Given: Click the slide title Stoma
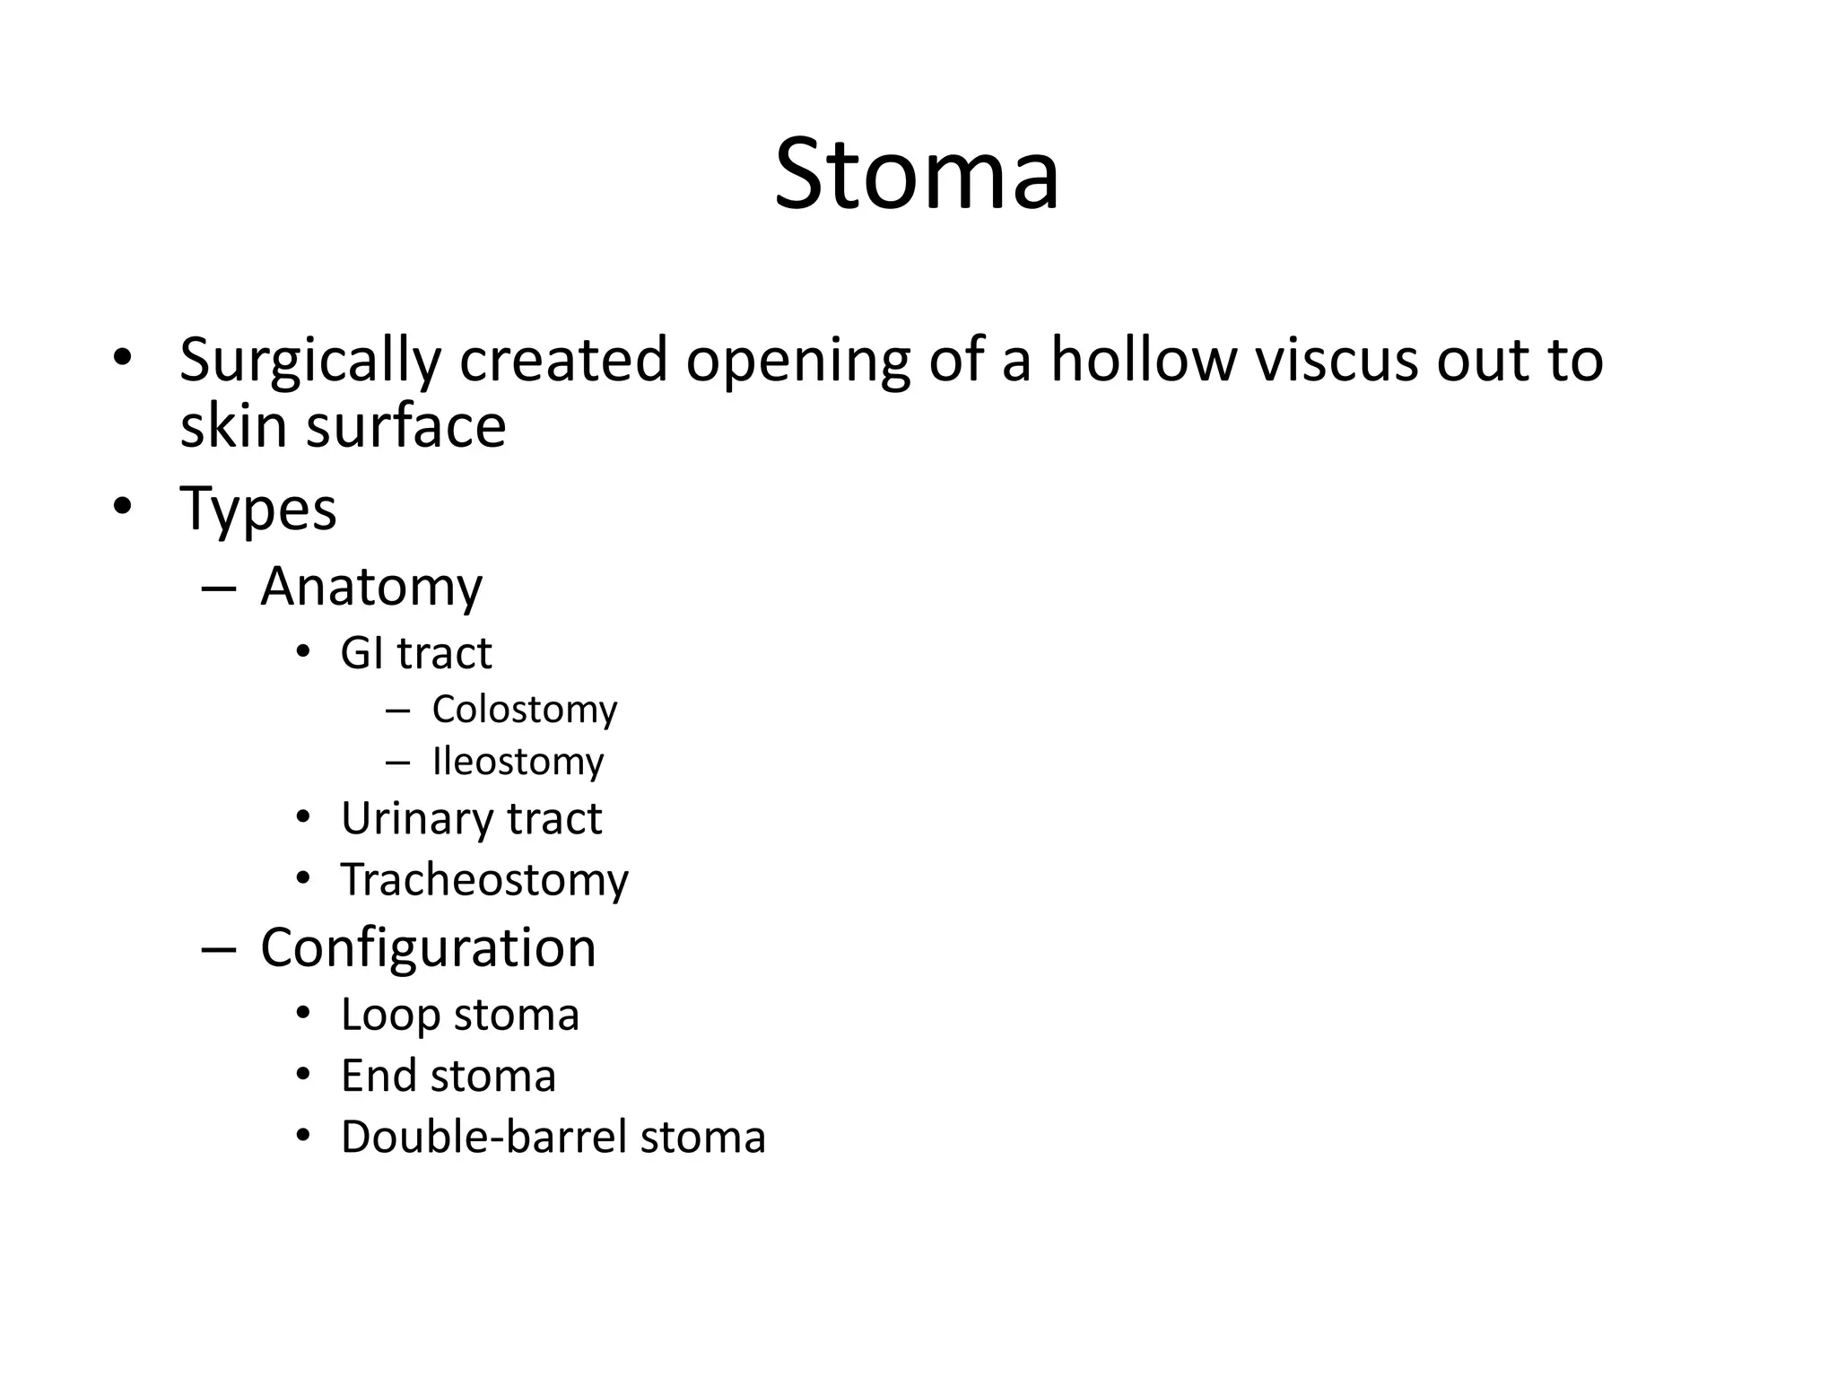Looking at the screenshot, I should point(917,174).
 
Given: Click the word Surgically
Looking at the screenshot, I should point(309,361).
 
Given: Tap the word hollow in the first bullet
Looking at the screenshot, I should point(1141,359).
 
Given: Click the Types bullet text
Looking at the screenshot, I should point(258,509).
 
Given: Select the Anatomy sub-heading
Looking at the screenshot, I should point(371,587).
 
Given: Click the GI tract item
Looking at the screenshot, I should point(416,653).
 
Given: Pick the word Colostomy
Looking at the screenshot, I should point(525,710).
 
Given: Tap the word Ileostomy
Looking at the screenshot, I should point(518,762).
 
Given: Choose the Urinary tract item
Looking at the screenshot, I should point(471,818).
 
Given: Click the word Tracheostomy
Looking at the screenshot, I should point(484,879).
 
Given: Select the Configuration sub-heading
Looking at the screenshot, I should point(428,947).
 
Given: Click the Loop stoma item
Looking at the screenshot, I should point(459,1015).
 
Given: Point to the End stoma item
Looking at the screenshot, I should point(448,1076).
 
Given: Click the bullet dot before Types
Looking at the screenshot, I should point(123,508).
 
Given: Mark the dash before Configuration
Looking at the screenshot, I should point(219,949).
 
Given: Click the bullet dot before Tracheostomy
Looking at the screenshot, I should point(303,878).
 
